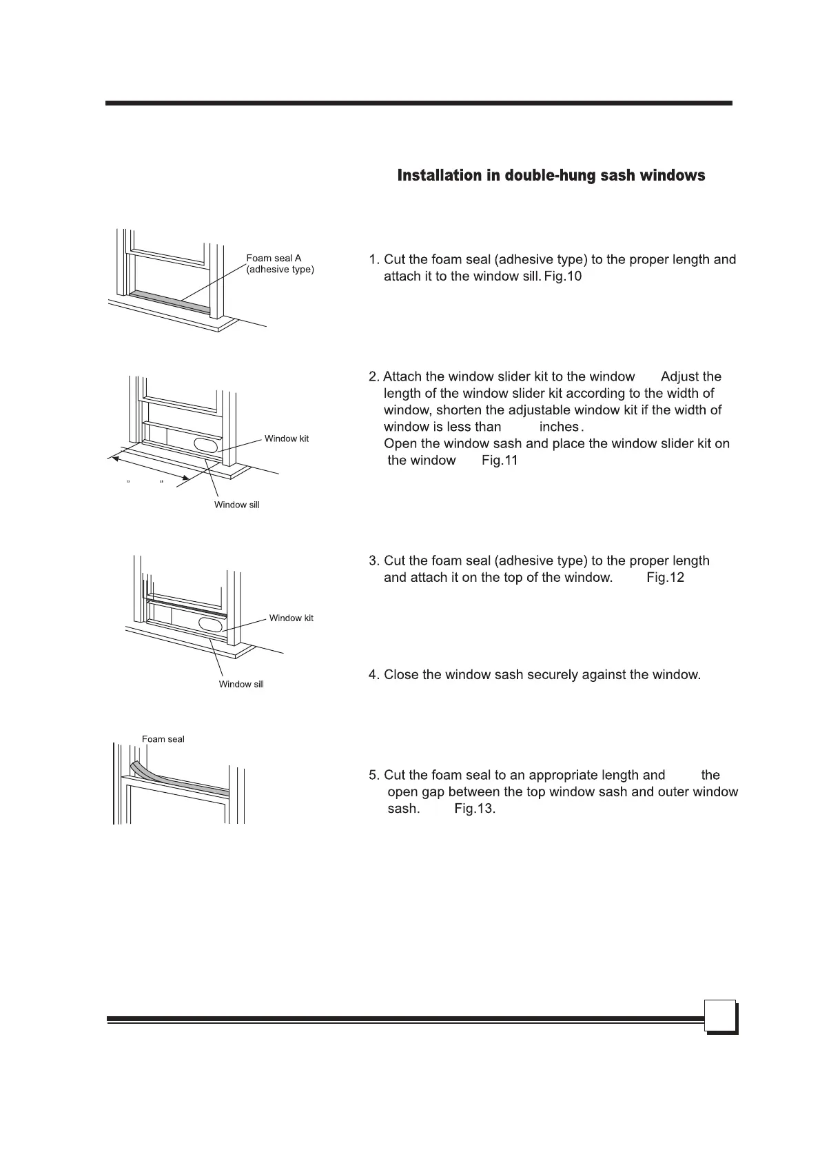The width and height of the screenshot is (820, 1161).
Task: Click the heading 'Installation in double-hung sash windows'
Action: [551, 176]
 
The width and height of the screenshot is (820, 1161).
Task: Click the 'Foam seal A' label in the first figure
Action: [274, 259]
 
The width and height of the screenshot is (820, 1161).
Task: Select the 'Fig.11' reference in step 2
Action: [499, 461]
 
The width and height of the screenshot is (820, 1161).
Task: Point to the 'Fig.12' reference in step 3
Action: [665, 578]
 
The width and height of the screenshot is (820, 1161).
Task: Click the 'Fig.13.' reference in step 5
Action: [475, 809]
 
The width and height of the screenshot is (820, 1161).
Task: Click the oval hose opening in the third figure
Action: [211, 624]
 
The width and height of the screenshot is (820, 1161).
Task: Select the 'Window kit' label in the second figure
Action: [287, 439]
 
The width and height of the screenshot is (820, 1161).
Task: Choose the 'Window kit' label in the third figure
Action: [291, 618]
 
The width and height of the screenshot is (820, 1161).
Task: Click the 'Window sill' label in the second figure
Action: [236, 505]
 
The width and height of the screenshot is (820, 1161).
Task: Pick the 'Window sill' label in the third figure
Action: [241, 685]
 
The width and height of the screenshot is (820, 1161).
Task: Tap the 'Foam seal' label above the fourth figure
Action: [163, 739]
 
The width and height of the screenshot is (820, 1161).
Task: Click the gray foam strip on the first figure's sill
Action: [170, 299]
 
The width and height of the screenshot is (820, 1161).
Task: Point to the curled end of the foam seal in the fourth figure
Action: [137, 768]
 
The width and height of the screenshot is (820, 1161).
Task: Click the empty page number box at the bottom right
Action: [719, 1017]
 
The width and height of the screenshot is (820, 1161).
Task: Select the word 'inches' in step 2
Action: [559, 427]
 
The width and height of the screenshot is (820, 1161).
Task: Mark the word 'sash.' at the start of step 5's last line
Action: [404, 809]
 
